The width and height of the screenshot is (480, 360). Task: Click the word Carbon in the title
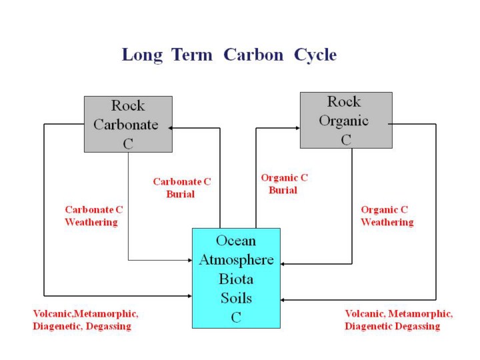pos(255,55)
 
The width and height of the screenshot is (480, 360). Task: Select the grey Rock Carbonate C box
pos(128,124)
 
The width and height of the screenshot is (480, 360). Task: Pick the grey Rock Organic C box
pos(345,120)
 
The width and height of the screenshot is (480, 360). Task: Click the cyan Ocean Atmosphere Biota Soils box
pos(236,278)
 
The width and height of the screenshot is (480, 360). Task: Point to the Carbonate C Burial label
pos(181,187)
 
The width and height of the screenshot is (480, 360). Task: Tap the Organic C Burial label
pos(283,183)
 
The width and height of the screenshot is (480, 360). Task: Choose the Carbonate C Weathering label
pos(93,215)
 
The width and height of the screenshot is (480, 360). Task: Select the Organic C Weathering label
pos(387,215)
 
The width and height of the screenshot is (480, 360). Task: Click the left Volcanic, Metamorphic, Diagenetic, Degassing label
pos(85,319)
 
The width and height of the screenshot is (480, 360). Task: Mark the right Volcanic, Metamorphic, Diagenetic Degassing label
pos(398,319)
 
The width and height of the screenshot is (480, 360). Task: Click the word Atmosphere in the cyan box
pos(236,259)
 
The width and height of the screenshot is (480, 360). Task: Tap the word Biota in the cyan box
pos(236,279)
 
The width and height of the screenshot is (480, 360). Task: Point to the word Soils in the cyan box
pos(236,298)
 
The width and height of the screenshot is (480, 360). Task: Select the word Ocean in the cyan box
pos(236,240)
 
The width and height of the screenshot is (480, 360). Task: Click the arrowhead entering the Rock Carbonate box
pos(171,127)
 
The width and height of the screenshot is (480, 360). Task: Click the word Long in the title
pos(141,55)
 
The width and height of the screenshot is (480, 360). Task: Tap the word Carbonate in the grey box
pos(126,125)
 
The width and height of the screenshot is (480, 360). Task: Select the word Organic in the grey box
pos(343,121)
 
